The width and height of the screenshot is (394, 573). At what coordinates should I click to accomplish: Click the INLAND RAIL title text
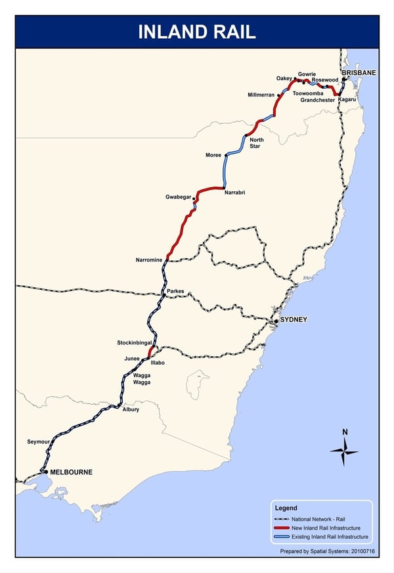196,32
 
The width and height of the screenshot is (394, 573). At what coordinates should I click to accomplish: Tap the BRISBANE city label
359,73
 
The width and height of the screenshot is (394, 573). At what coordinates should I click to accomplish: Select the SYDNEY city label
294,320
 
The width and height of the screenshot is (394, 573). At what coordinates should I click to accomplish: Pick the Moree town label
213,155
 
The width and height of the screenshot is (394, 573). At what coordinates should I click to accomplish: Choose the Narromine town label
148,260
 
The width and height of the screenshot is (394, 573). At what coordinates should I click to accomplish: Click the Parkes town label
175,290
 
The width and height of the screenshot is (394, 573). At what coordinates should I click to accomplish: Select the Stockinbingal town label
135,343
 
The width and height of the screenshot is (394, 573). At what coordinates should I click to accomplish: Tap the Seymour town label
38,441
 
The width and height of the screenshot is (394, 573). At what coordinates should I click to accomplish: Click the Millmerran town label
261,95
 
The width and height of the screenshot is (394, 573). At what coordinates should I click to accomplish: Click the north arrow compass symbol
344,451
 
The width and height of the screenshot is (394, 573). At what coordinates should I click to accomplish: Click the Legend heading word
286,508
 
